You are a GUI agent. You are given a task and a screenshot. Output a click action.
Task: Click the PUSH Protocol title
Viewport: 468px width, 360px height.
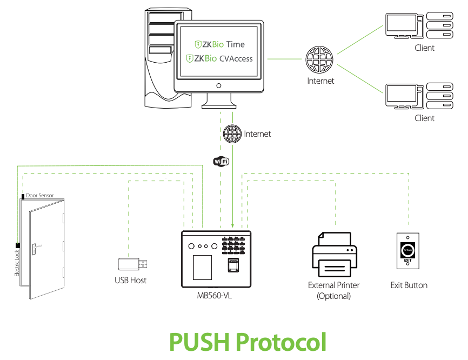pos(248,342)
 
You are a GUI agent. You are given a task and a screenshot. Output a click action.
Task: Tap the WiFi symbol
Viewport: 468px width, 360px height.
pos(221,161)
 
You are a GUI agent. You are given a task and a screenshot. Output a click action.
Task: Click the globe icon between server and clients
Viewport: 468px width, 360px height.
pos(319,60)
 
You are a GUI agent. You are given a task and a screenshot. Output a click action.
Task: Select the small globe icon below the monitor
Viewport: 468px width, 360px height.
pos(232,134)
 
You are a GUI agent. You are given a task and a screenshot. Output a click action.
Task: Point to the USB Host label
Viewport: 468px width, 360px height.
pos(130,280)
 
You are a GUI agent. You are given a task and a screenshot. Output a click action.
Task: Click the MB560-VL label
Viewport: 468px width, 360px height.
pos(215,296)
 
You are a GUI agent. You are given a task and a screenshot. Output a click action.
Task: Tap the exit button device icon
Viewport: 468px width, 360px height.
pos(408,251)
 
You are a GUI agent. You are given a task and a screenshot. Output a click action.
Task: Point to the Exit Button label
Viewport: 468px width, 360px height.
pos(409,285)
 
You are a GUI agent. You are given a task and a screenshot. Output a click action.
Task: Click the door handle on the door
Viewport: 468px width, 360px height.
pos(35,248)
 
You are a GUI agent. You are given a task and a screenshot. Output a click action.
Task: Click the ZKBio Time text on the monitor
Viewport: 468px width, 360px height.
pos(220,44)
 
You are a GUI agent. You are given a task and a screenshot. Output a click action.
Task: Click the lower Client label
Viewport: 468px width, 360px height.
pos(424,118)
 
